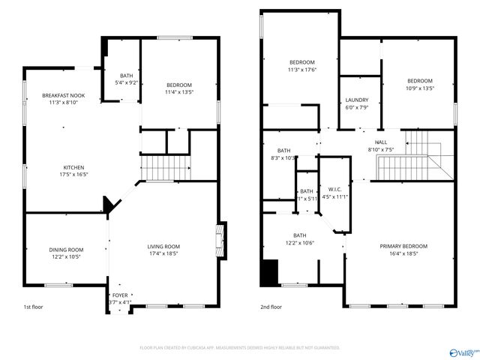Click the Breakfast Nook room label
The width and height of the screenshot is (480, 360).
pyautogui.click(x=63, y=95)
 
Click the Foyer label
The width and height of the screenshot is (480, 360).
pyautogui.click(x=120, y=295)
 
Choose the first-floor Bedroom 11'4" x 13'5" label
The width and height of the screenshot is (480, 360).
pyautogui.click(x=179, y=85)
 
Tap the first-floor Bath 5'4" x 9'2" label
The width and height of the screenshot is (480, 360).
pyautogui.click(x=126, y=76)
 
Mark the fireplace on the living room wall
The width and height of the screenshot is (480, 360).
pyautogui.click(x=220, y=238)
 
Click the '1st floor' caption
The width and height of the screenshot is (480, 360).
pyautogui.click(x=33, y=307)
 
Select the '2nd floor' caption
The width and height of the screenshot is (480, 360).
pyautogui.click(x=271, y=307)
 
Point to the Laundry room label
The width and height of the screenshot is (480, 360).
pyautogui.click(x=356, y=100)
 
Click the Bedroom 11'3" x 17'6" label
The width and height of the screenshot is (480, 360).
pyautogui.click(x=302, y=62)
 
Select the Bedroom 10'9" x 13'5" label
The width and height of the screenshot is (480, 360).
pyautogui.click(x=420, y=81)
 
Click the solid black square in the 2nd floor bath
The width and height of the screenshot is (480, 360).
pyautogui.click(x=268, y=272)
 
